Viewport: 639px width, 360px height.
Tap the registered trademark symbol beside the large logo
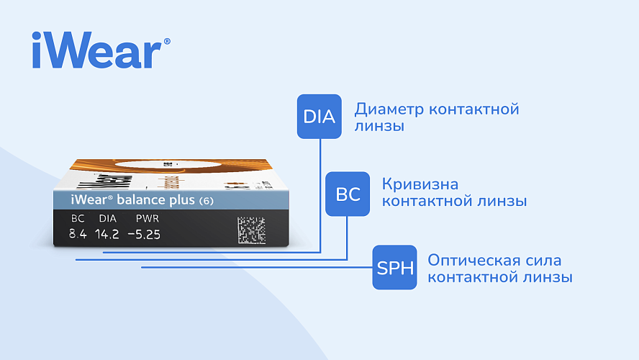click(x=167, y=41)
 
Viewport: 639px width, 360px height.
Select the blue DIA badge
click(x=319, y=117)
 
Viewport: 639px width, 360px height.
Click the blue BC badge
click(x=348, y=194)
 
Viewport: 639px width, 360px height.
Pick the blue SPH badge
click(x=394, y=267)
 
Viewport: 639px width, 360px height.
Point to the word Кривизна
click(x=420, y=185)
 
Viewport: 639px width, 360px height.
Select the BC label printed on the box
click(x=78, y=219)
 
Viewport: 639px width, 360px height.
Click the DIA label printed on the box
click(x=108, y=219)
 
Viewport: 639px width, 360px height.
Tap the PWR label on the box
click(x=147, y=219)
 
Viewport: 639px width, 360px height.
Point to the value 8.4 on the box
click(x=78, y=235)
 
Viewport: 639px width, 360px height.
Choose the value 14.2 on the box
click(x=106, y=235)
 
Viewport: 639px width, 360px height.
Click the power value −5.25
click(x=144, y=235)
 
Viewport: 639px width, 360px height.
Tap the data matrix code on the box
click(x=251, y=230)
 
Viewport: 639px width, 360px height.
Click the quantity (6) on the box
click(x=207, y=201)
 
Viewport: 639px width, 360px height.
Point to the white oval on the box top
click(x=168, y=164)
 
